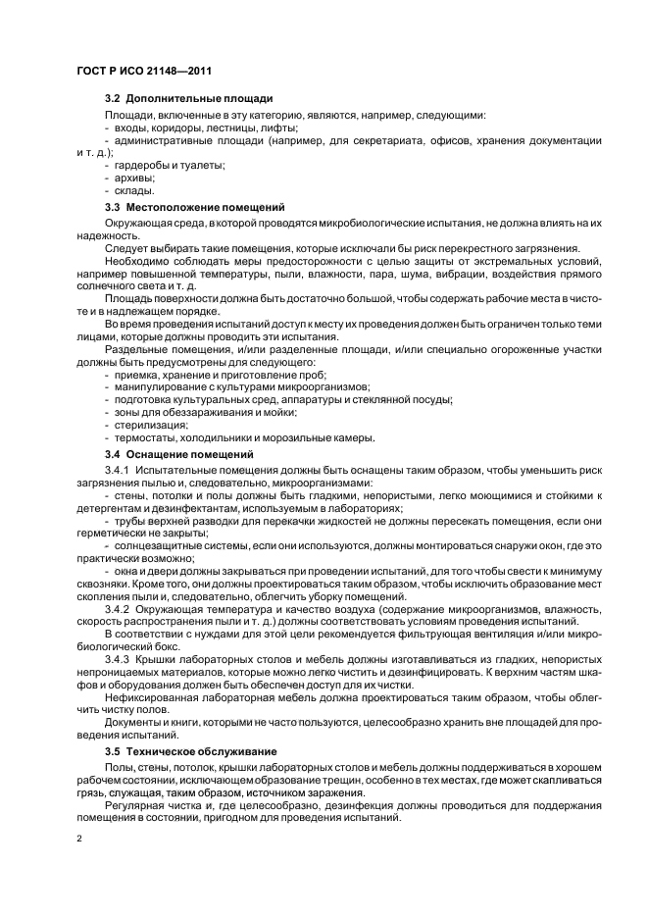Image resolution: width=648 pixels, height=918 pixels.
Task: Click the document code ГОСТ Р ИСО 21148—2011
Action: point(144,72)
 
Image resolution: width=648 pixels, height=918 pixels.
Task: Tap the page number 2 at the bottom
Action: point(79,840)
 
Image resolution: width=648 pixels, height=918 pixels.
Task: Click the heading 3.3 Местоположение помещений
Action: point(195,208)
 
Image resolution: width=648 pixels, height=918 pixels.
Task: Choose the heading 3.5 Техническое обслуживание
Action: point(191,750)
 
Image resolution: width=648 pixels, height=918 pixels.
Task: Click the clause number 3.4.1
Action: point(118,471)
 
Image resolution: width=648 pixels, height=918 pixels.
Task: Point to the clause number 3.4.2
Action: point(118,609)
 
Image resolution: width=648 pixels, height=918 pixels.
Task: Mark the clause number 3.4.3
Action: point(118,660)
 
